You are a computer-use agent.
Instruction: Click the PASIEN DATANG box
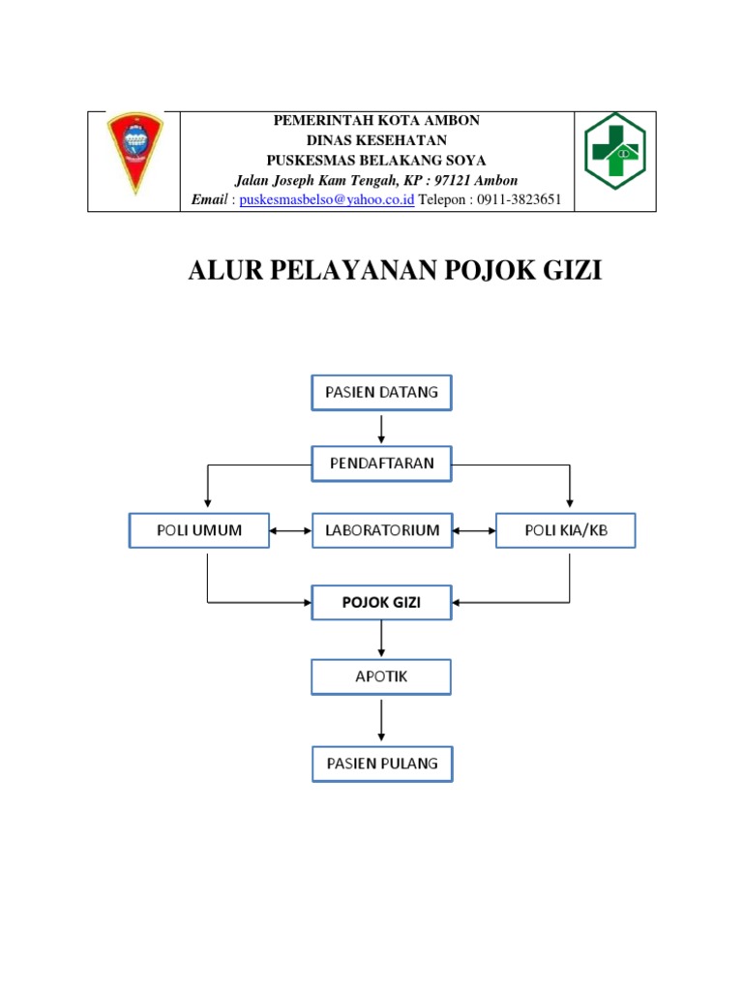381,392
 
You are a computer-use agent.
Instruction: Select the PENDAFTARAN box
381,463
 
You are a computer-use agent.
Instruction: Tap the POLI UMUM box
199,530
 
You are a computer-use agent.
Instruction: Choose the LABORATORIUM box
381,530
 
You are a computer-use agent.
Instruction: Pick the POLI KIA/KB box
566,530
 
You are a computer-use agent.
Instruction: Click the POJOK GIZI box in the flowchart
381,602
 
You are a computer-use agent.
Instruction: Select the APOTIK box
381,676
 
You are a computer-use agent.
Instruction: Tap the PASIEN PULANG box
381,763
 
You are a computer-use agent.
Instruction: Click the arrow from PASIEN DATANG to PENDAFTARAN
382,427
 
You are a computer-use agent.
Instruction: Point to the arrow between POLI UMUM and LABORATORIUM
290,530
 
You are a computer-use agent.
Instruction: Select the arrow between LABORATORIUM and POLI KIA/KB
474,530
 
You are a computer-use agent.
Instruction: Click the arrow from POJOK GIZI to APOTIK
382,639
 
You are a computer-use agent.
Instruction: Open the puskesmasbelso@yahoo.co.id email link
327,199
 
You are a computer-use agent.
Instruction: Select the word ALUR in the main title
225,271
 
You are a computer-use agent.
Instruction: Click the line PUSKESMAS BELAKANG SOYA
376,160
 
